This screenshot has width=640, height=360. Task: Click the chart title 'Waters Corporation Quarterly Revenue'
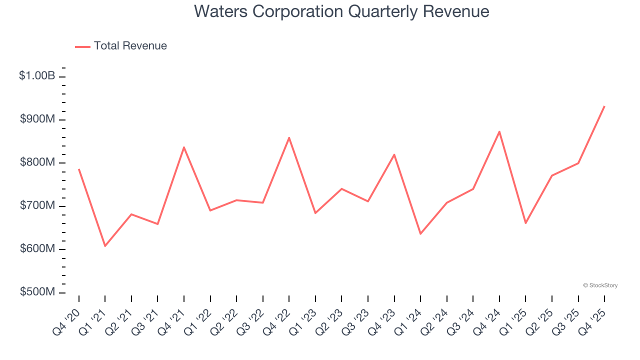pyautogui.click(x=341, y=11)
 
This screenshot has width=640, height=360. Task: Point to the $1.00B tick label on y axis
pyautogui.click(x=37, y=76)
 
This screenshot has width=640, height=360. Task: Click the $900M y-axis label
pyautogui.click(x=37, y=119)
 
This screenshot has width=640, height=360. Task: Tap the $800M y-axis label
pyautogui.click(x=37, y=163)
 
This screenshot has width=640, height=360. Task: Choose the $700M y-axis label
pyautogui.click(x=37, y=206)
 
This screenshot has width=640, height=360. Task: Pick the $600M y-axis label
pyautogui.click(x=37, y=249)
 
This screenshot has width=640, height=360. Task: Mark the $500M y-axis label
pyautogui.click(x=37, y=292)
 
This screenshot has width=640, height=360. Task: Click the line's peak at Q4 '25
pyautogui.click(x=604, y=106)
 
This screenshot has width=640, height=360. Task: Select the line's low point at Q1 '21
pyautogui.click(x=105, y=246)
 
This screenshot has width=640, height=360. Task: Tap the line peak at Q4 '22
pyautogui.click(x=289, y=137)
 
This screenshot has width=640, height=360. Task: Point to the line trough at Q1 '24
pyautogui.click(x=420, y=233)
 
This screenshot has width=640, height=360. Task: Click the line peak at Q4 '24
pyautogui.click(x=499, y=131)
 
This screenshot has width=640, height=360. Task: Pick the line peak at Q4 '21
pyautogui.click(x=184, y=147)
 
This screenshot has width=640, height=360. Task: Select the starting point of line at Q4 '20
pyautogui.click(x=79, y=169)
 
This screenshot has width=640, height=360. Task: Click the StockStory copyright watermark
pyautogui.click(x=600, y=285)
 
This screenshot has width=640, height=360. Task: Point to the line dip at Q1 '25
pyautogui.click(x=525, y=223)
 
